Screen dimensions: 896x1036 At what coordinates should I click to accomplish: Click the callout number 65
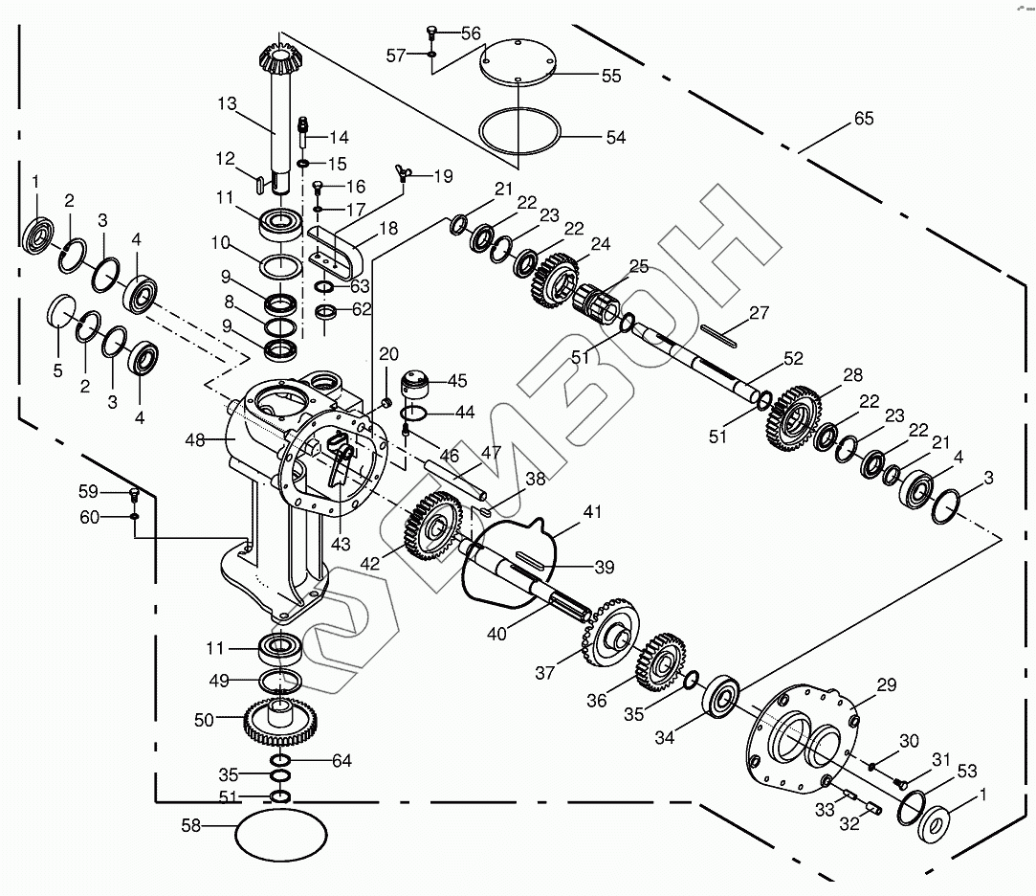pyautogui.click(x=863, y=120)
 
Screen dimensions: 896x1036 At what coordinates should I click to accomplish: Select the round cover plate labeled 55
pyautogui.click(x=516, y=63)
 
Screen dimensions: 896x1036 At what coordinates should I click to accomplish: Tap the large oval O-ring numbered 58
pyautogui.click(x=280, y=832)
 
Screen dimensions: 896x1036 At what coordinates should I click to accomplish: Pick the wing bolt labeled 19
pyautogui.click(x=406, y=173)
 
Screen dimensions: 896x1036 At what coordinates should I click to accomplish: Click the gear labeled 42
pyautogui.click(x=432, y=531)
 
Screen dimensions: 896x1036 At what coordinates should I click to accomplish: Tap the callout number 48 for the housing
pyautogui.click(x=195, y=440)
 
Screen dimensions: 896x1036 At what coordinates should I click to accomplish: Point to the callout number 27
pyautogui.click(x=759, y=312)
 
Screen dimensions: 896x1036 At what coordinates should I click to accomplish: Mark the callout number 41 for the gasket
pyautogui.click(x=593, y=514)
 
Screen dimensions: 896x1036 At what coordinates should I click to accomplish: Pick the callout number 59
pyautogui.click(x=88, y=492)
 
